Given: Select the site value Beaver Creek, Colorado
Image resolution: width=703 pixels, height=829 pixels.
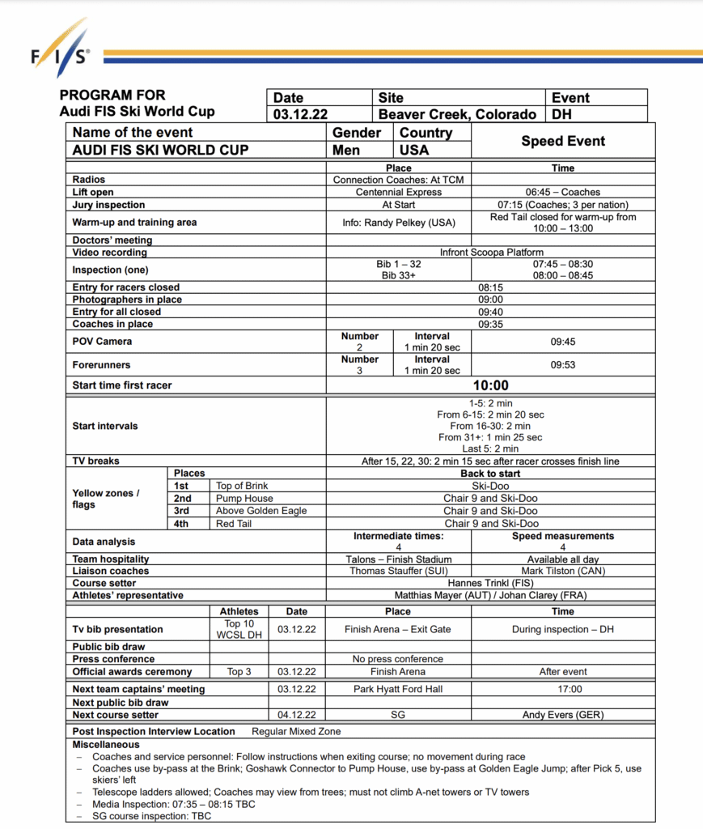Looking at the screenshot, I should (457, 114).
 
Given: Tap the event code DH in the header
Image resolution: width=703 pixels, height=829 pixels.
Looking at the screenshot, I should (561, 114).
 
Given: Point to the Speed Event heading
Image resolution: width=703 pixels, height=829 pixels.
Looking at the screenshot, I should (563, 141).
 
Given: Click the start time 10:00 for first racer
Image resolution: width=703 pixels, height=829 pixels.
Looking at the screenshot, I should (490, 385).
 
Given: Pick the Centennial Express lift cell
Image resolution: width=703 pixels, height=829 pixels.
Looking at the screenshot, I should (399, 193).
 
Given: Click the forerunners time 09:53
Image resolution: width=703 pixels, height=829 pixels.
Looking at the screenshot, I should (562, 365).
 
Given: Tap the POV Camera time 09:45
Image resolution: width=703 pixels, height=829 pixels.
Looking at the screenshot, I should (562, 342).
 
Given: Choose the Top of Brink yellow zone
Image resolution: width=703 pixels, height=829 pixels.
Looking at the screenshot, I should (242, 486).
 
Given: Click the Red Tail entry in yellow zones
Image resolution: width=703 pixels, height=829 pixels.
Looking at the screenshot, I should (234, 524).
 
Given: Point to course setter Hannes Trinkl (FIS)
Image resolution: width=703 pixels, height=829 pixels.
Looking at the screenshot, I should (490, 583).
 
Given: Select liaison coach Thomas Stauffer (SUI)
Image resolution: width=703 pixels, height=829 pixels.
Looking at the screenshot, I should (398, 571).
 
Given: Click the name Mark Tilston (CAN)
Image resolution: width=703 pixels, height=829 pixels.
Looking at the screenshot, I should (562, 571).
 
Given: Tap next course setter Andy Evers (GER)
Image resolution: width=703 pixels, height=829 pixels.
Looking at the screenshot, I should (562, 715).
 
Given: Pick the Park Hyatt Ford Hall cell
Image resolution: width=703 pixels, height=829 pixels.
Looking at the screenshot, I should (398, 689).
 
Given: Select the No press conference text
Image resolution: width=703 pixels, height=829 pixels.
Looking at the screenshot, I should (398, 659).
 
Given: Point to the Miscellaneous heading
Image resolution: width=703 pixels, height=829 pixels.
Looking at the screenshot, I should (106, 744).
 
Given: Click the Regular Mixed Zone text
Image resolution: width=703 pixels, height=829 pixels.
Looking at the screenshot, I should (296, 731).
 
